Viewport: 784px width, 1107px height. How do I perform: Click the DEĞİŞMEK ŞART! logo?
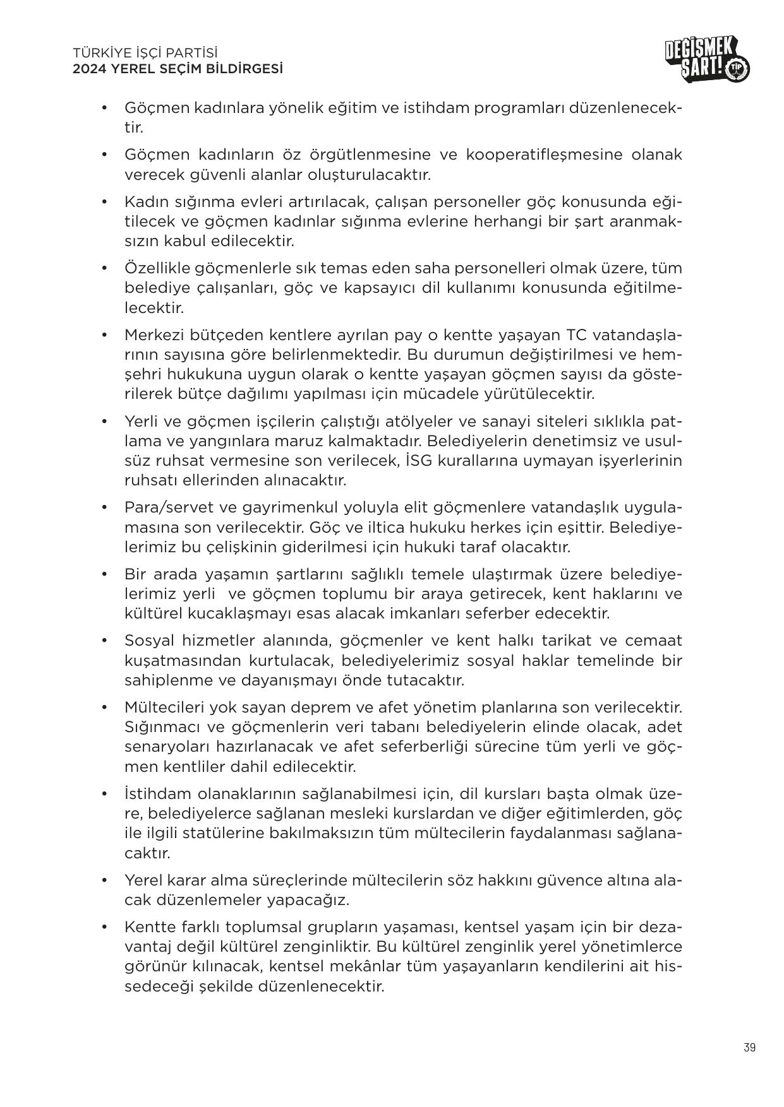707,61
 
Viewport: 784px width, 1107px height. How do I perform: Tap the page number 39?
749,1048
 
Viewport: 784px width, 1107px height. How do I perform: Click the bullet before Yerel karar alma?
105,880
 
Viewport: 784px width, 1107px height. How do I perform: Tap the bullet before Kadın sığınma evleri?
105,202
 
